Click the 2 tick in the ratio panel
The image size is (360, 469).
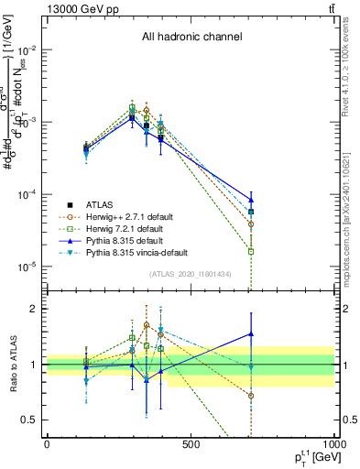35,309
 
